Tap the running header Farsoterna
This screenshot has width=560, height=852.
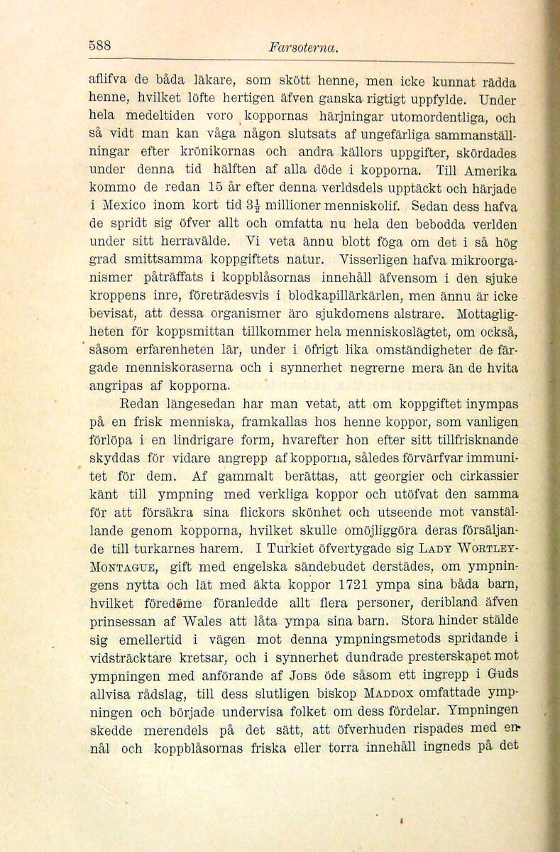pos(302,48)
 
